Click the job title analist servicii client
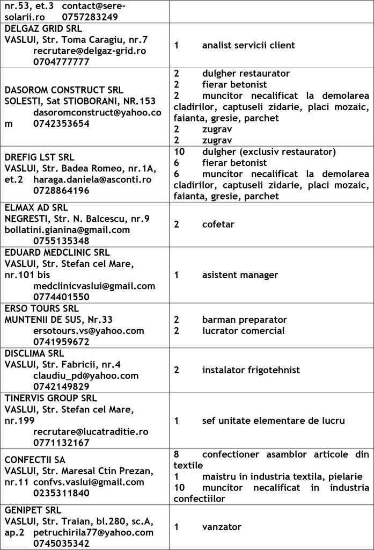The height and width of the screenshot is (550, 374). [248, 45]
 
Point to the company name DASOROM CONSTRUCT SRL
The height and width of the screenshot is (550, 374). [64, 90]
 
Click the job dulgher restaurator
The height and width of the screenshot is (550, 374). [246, 73]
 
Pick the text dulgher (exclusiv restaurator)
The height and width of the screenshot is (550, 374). [269, 151]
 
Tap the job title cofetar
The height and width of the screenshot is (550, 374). [218, 224]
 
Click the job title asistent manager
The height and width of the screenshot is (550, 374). [240, 275]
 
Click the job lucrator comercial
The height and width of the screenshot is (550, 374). [243, 330]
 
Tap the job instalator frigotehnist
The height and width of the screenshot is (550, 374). [251, 370]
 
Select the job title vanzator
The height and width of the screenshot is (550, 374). [222, 527]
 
